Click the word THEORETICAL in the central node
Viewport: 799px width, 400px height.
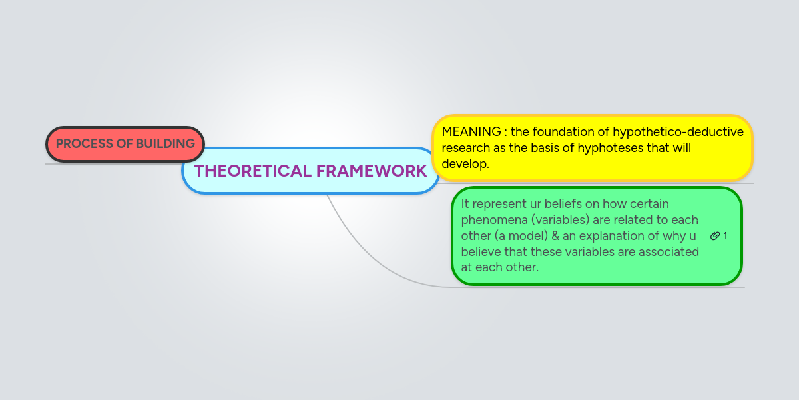point(252,171)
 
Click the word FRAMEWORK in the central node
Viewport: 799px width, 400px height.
point(372,171)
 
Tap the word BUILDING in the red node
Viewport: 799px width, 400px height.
point(166,143)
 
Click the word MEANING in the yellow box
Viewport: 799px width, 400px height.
point(471,132)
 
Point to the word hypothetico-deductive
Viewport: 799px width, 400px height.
point(678,132)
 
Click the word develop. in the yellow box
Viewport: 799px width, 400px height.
point(465,164)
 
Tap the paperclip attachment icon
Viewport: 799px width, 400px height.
point(715,236)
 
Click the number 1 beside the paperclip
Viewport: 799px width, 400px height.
point(725,236)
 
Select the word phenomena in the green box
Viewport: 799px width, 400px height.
point(494,220)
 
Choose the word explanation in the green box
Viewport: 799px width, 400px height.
point(611,236)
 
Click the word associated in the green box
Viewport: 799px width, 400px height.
point(668,252)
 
